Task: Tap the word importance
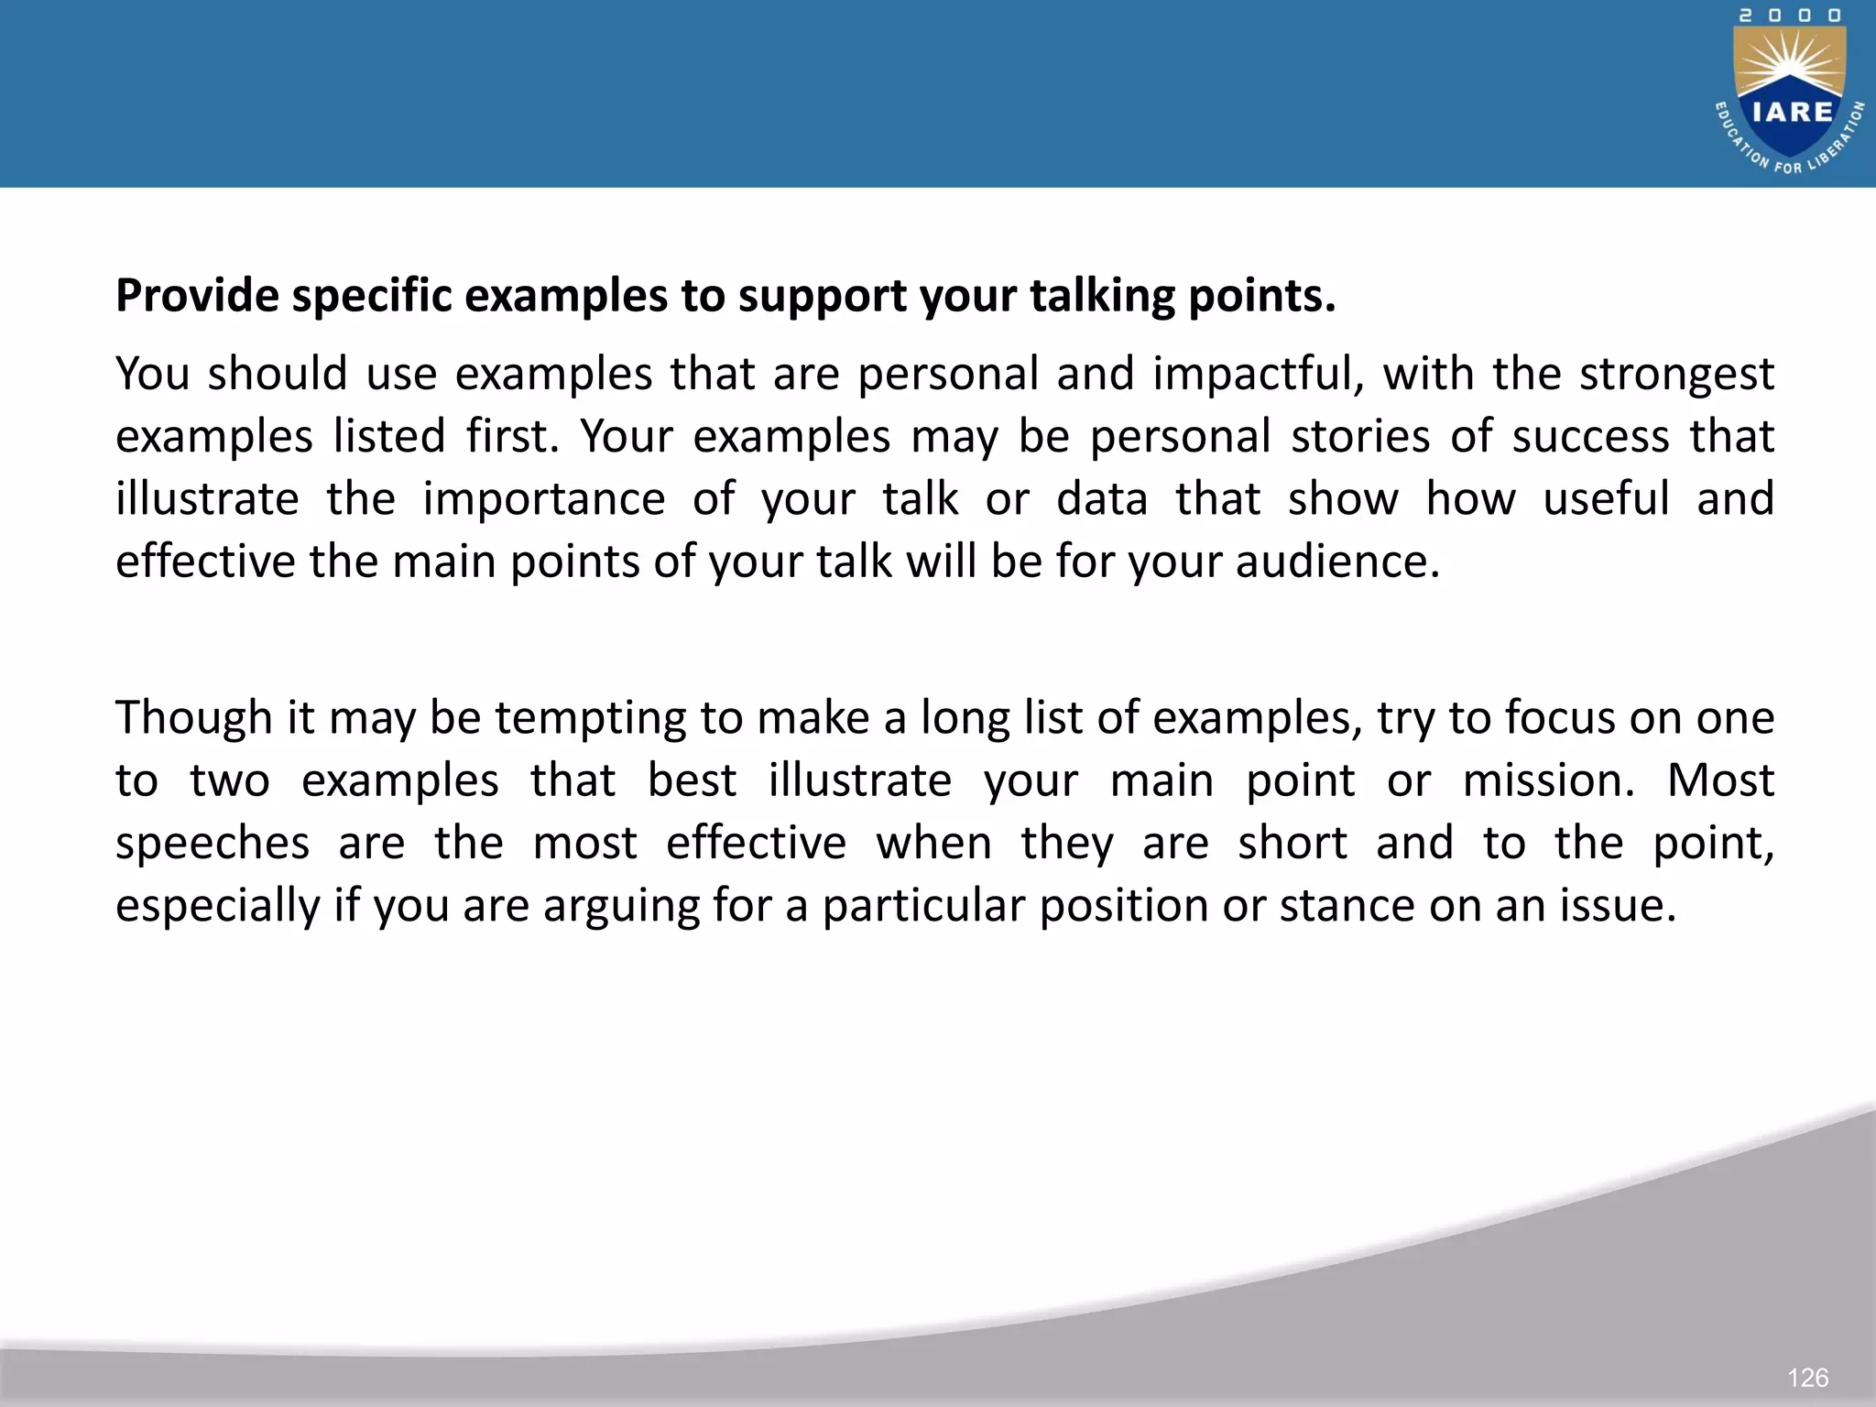[543, 498]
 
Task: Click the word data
[1102, 498]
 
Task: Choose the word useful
[1606, 498]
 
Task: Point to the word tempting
[590, 717]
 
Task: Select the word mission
[1548, 780]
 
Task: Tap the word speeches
[213, 843]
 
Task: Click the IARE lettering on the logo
[1792, 112]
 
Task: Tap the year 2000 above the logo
[1790, 16]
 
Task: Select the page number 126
[1807, 1377]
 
